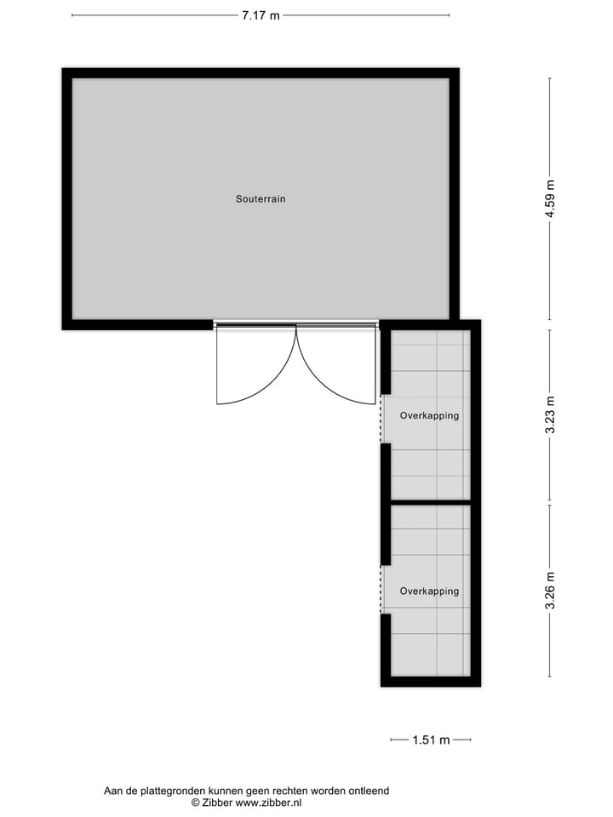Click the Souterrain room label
click(x=261, y=199)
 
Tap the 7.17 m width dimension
click(x=261, y=15)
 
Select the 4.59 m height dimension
click(x=551, y=199)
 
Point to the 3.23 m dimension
click(x=551, y=415)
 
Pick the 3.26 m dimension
click(x=551, y=591)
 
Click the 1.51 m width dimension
click(x=431, y=740)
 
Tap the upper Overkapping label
click(x=429, y=416)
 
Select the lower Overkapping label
click(x=429, y=591)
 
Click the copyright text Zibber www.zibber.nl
click(x=246, y=803)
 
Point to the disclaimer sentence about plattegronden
click(x=246, y=791)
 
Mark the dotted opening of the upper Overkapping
click(x=381, y=419)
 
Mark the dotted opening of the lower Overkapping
click(x=381, y=589)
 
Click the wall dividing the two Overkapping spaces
click(x=430, y=502)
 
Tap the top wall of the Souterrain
click(x=261, y=73)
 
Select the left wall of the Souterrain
click(x=66, y=199)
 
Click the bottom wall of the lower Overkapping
click(x=430, y=681)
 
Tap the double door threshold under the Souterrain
click(x=295, y=323)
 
